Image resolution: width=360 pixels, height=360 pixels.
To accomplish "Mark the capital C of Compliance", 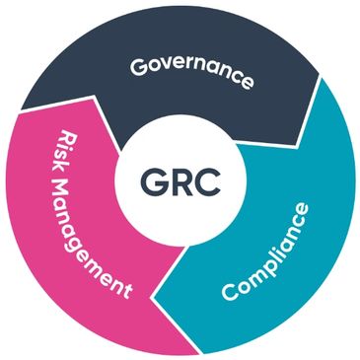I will pos(229,294).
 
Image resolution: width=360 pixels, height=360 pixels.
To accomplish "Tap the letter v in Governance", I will pos(166,69).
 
